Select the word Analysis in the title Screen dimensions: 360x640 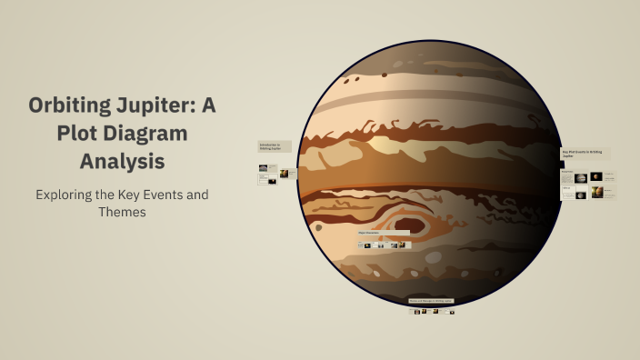point(122,162)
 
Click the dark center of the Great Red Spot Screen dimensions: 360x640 point(410,224)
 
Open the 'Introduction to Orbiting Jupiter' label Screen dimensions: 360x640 point(275,146)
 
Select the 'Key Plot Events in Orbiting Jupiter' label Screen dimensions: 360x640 point(585,154)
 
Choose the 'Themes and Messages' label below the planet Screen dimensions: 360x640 point(430,300)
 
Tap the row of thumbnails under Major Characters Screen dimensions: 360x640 point(383,245)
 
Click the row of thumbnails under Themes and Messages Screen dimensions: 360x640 point(433,311)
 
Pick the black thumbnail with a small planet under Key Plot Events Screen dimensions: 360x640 point(596,176)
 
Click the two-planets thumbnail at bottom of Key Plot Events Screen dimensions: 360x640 point(596,193)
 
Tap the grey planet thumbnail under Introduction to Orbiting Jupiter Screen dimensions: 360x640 point(264,168)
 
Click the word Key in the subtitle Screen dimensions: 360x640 point(133,195)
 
